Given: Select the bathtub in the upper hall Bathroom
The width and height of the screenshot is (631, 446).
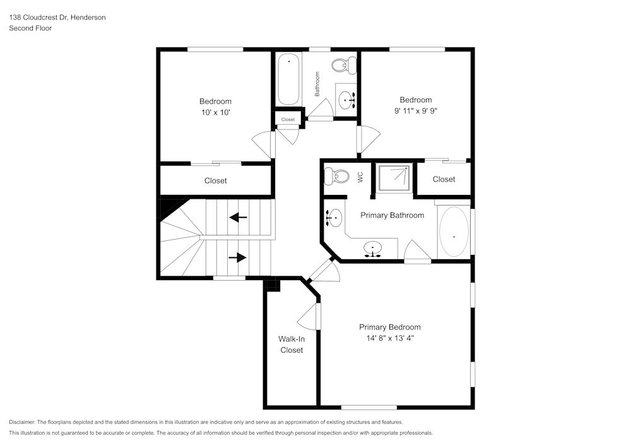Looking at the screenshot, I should (x=289, y=79).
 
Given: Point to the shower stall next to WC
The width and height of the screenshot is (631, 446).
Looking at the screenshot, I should (x=394, y=178).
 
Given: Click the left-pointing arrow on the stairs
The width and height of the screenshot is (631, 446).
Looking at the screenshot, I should (x=238, y=218).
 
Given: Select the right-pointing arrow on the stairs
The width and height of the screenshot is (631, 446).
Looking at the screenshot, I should (x=237, y=257).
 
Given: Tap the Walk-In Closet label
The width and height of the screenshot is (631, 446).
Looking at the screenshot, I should (x=292, y=344).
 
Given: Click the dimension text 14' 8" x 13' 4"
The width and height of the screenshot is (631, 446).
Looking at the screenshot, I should (x=389, y=338).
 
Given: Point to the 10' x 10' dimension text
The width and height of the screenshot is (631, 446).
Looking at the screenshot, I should (x=215, y=112).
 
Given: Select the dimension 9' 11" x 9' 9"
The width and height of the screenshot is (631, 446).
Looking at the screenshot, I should (x=416, y=111).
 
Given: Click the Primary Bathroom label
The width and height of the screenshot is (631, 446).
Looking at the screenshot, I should (x=392, y=215).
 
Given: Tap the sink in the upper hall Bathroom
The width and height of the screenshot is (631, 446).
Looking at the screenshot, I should (x=346, y=100).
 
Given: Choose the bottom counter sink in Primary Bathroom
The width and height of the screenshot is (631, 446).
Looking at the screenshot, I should (x=373, y=250).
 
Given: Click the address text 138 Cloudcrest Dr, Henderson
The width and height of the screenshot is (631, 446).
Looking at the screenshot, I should (x=57, y=18).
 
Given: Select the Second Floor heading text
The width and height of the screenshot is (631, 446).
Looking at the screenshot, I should (x=30, y=28).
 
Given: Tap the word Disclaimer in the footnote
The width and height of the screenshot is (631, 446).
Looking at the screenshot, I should (x=22, y=422).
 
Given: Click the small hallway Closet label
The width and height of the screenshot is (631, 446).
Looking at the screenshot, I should (x=288, y=119).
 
